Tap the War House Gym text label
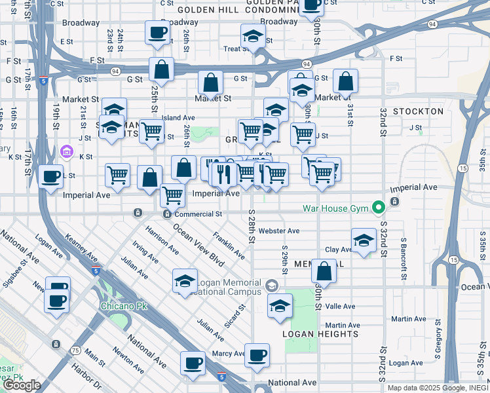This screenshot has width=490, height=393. pyautogui.click(x=336, y=209)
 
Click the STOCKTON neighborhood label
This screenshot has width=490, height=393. pyautogui.click(x=418, y=111)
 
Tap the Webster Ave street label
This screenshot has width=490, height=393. pyautogui.click(x=278, y=231)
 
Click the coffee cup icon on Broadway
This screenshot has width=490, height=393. pyautogui.click(x=157, y=33)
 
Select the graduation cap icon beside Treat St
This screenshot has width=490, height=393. pyautogui.click(x=252, y=37)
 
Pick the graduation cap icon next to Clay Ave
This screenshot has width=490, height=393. pyautogui.click(x=364, y=240)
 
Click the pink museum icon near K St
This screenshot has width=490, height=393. pyautogui.click(x=65, y=152)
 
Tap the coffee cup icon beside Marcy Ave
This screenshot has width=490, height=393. pyautogui.click(x=257, y=355)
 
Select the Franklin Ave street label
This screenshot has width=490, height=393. pyautogui.click(x=229, y=244)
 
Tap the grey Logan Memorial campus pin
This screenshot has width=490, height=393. pyautogui.click(x=273, y=286)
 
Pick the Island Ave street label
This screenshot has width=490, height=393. pyautogui.click(x=178, y=118)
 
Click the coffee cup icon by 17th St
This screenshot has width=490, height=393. pyautogui.click(x=51, y=176)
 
